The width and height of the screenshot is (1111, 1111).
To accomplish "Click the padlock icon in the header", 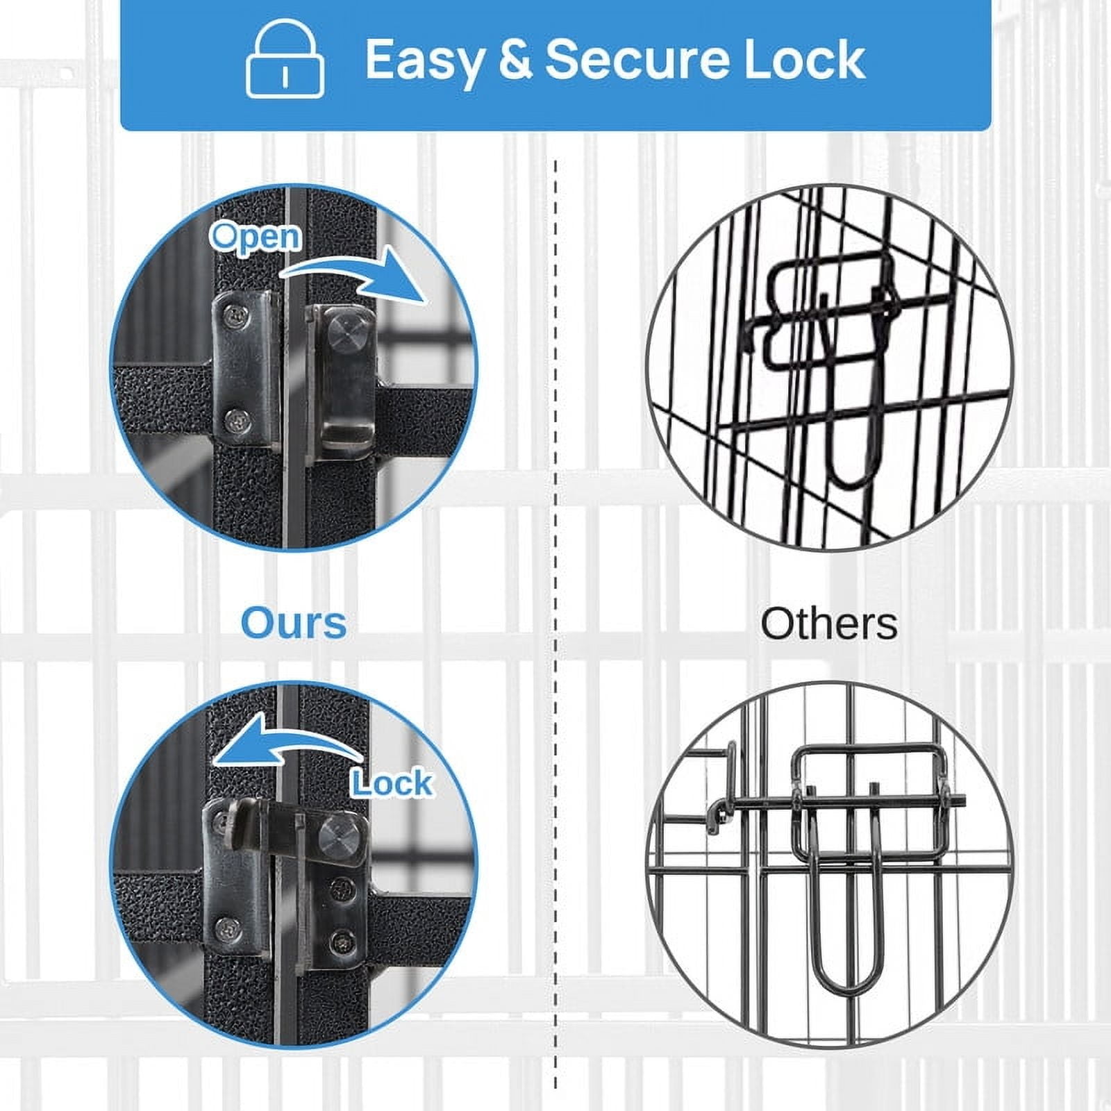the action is (x=285, y=59).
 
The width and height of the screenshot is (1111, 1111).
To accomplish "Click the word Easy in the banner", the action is (x=424, y=61).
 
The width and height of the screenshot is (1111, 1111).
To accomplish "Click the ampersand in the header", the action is (x=515, y=60).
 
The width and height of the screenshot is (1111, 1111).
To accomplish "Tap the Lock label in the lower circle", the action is (x=392, y=783).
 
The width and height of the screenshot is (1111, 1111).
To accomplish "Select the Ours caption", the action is (x=294, y=623).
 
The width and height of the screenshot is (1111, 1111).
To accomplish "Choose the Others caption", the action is (x=829, y=624).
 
